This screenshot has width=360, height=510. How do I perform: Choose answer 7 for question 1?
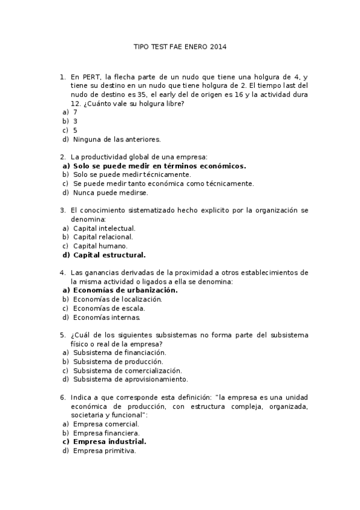pos(75,112)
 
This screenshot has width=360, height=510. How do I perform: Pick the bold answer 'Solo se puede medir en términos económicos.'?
pos(160,166)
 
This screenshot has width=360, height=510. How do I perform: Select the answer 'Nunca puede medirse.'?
pos(111,193)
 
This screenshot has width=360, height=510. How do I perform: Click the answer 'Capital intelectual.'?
pos(105,229)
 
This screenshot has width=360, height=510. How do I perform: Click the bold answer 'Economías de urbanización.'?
pos(126,290)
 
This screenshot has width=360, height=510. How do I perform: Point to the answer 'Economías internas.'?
pos(107,318)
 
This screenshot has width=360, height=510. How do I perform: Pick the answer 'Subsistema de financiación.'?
pos(120,352)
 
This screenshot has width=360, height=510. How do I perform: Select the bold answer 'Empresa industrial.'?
pos(109,441)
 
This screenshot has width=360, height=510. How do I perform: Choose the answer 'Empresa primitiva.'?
pos(105,450)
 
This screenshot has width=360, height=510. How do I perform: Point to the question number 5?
pos(62,335)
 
